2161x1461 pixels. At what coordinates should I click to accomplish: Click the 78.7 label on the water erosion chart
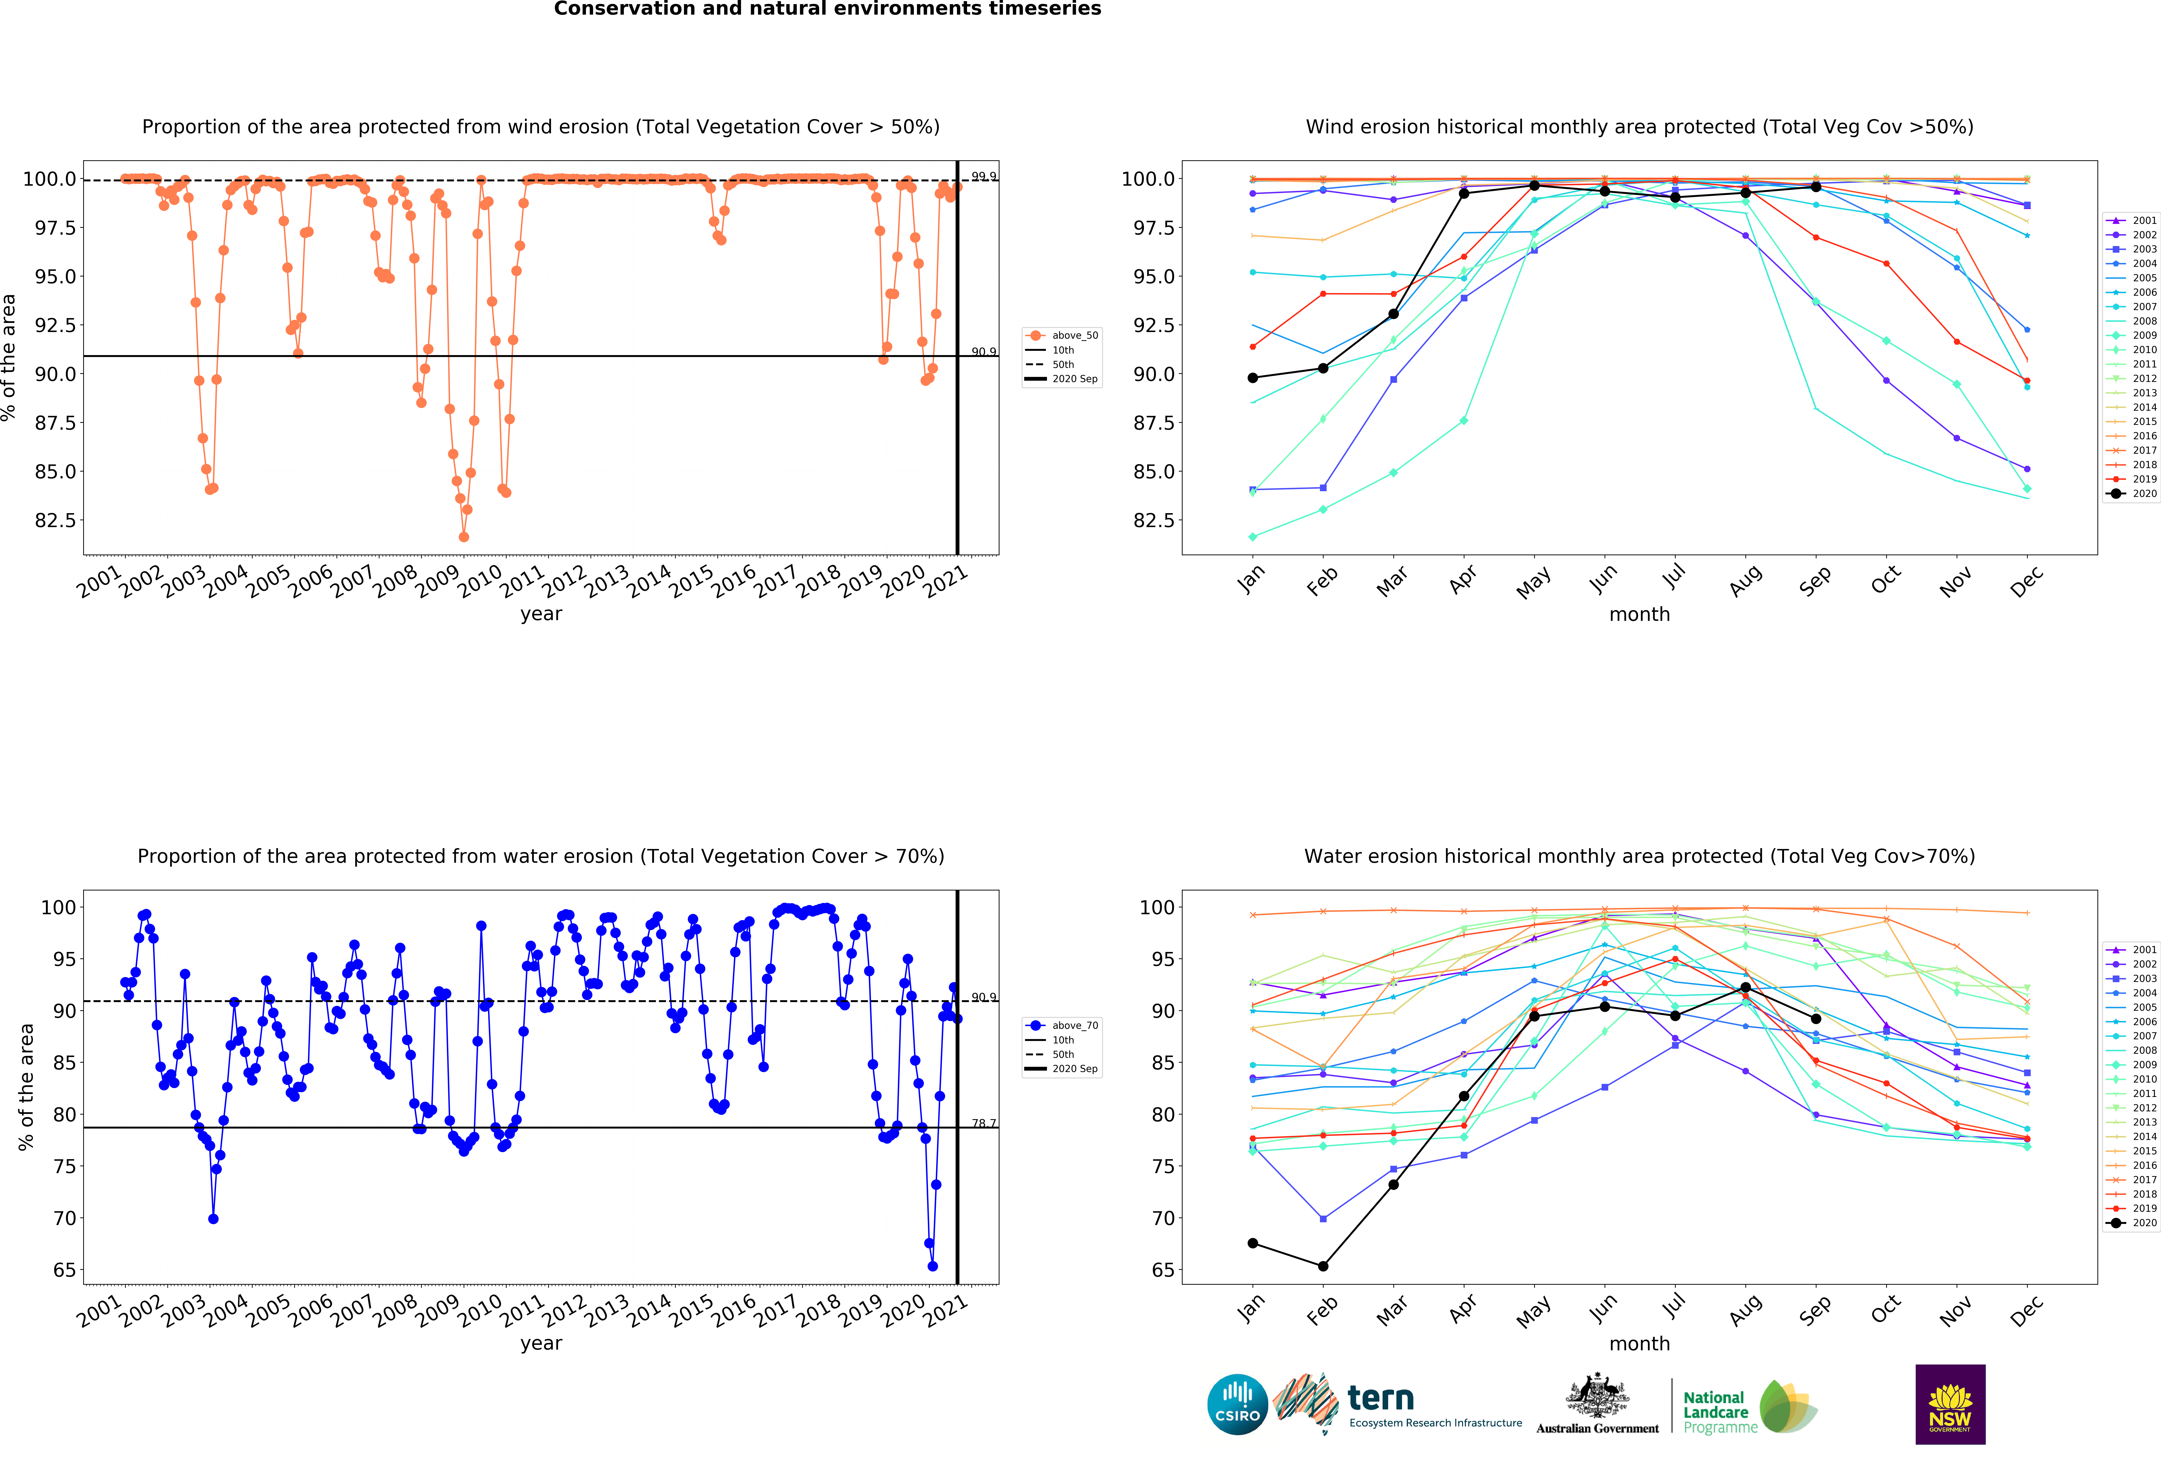click(x=984, y=1123)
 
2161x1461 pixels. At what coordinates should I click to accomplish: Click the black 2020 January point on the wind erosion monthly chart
click(x=1253, y=378)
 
